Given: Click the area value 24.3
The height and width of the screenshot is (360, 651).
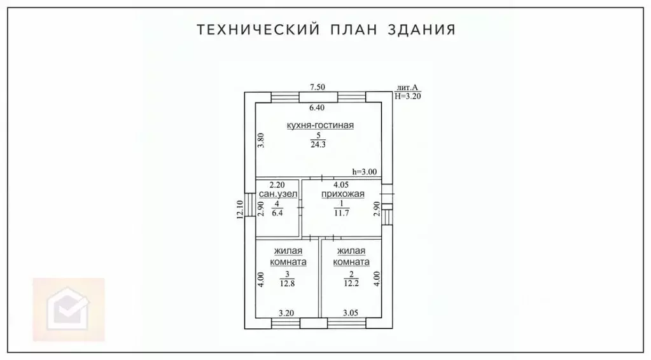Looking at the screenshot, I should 318,144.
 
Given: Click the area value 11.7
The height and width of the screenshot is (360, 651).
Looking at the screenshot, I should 342,213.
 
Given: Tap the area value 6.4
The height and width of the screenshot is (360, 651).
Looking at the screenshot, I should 277,213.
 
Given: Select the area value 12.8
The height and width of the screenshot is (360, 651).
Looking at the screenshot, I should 286,284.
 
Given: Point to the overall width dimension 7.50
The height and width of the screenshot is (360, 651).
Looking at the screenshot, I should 318,87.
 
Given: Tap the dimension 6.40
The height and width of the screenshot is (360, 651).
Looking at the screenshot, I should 318,107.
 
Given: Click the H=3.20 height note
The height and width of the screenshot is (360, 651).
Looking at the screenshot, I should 408,96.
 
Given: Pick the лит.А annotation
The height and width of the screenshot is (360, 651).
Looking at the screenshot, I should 407,88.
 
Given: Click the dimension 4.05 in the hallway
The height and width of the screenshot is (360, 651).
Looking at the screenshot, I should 342,185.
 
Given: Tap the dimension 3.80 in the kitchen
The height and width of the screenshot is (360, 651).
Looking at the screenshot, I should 261,140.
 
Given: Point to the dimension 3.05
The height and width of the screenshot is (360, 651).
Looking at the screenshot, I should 352,313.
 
